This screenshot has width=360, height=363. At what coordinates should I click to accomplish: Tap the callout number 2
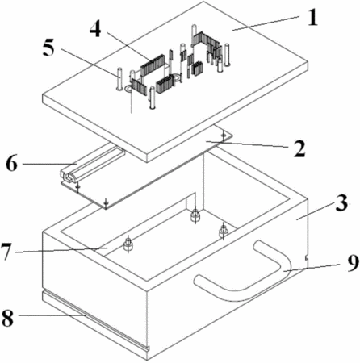point(299,148)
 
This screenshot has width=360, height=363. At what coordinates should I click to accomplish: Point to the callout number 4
point(95,29)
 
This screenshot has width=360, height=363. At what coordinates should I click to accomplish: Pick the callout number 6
point(12,163)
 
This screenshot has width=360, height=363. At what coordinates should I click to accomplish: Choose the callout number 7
point(7,251)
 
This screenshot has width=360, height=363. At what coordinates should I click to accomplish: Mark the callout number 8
point(7,318)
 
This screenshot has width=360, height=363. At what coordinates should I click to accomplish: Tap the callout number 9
point(352,264)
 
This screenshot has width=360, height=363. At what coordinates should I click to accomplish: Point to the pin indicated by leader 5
point(119,79)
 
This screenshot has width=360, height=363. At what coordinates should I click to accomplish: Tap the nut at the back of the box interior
point(195,215)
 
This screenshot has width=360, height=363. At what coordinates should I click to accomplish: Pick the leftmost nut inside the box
point(128,244)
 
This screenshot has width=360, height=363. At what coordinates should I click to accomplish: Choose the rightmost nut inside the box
point(223,231)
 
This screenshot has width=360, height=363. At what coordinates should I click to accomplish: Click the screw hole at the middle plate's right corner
point(224,135)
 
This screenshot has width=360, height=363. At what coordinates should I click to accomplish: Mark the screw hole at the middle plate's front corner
point(107,202)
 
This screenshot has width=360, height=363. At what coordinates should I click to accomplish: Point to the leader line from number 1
point(266,23)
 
